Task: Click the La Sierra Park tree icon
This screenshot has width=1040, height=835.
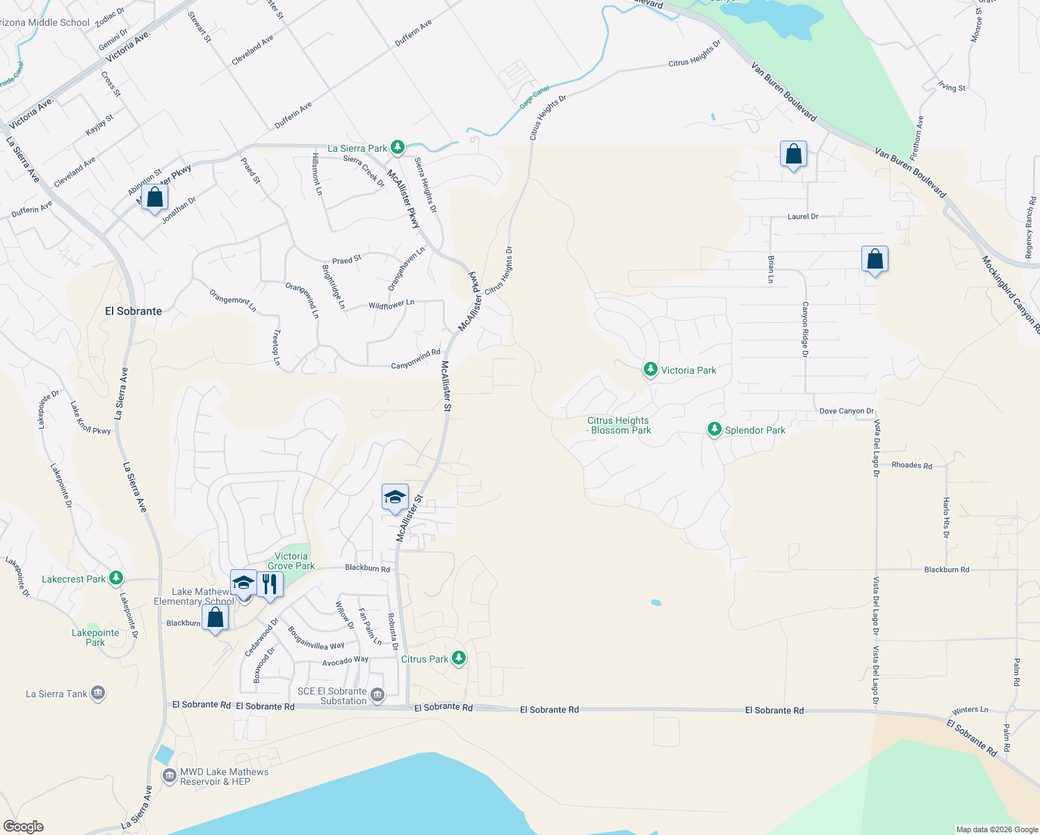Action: point(397,147)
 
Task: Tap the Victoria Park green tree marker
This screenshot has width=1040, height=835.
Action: point(650,369)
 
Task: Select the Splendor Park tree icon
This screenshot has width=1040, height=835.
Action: point(714,429)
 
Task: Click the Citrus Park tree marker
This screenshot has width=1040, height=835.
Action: point(458,658)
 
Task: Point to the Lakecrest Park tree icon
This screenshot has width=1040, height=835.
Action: point(116,578)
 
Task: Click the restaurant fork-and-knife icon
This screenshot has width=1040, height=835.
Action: point(270,584)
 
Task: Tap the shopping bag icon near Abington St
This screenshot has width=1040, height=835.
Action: point(155,198)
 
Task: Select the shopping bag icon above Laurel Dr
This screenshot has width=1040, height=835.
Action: point(793,154)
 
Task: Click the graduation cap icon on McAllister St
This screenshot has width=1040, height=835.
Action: point(395,497)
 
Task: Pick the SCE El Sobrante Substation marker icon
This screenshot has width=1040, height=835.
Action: point(377,694)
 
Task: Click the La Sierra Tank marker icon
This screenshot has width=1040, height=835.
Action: point(98,693)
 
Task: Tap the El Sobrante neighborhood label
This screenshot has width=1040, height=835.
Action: point(133,311)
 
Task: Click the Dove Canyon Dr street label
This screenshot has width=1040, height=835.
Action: point(846,411)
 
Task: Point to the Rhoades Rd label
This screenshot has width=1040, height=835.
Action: point(911,466)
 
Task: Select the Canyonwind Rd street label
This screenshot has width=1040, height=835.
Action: point(415,360)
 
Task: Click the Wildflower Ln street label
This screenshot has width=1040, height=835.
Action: point(391,304)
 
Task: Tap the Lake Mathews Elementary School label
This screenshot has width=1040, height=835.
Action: point(194,596)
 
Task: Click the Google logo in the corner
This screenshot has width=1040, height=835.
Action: point(23,826)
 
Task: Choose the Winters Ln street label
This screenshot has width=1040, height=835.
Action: point(970,710)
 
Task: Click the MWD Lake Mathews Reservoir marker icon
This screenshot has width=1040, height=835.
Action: point(169,775)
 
